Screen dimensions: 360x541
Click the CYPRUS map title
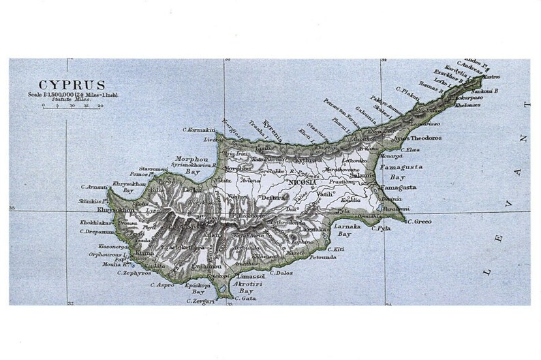coord(72,85)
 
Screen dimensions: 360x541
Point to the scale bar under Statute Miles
coord(71,107)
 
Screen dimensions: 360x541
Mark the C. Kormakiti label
coord(200,130)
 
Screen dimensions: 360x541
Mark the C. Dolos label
coord(281,273)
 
